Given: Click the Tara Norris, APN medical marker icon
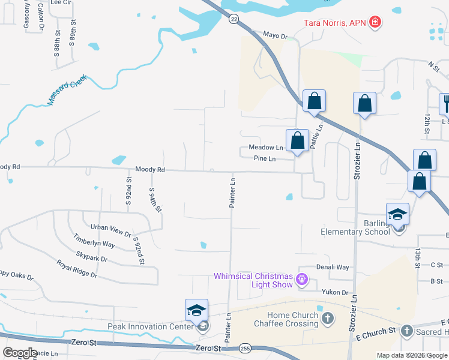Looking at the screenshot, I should pos(375,22).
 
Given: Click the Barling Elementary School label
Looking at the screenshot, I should pos(355,228).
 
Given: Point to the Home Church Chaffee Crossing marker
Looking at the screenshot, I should pos(327,317).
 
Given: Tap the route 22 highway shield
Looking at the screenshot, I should pos(234,19).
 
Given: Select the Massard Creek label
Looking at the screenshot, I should pos(67,91).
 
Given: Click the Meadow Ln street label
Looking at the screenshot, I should pos(265,148).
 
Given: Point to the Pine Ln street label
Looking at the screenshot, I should pos(265,158).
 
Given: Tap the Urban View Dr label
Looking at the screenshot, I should pos(110,227).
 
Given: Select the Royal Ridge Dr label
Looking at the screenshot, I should pos(76,268).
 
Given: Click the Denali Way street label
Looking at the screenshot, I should pos(333,267).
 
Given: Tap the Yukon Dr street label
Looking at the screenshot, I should pos(336,292).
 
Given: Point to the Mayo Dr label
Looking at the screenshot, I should pos(276,36).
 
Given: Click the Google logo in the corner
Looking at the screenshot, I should pos(20,352).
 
